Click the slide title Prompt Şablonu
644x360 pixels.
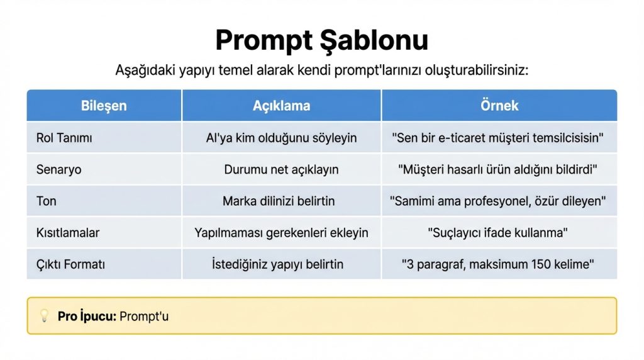coord(321,40)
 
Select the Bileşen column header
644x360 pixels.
coord(104,106)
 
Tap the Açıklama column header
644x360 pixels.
coord(281,106)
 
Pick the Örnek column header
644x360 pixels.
coord(499,106)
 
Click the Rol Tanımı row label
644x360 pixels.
coord(60,138)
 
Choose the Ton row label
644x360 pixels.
coord(47,201)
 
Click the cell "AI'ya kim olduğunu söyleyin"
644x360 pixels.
coord(281,138)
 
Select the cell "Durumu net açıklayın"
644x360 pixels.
coord(281,169)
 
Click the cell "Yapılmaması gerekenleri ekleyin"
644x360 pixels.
coord(281,233)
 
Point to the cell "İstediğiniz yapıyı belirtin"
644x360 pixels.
coord(277,264)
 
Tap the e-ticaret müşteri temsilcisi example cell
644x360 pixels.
coord(500,138)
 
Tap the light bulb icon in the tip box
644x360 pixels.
coord(45,316)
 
